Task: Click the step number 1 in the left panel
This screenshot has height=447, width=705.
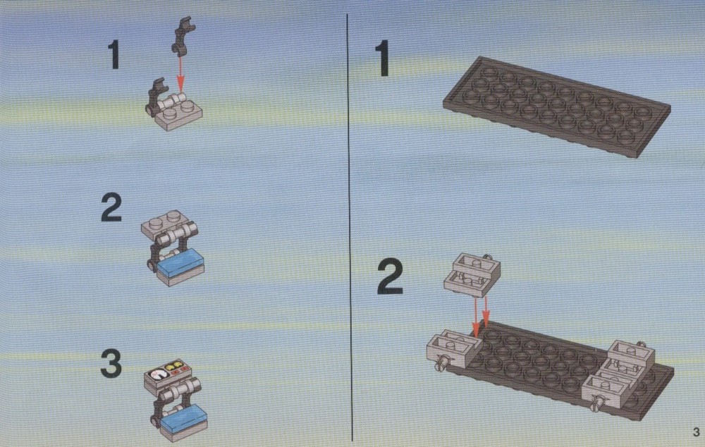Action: (114, 54)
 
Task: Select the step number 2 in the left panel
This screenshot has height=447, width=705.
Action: (111, 207)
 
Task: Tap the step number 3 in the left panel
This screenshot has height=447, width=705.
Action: (111, 364)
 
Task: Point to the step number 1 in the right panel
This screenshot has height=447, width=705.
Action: (383, 58)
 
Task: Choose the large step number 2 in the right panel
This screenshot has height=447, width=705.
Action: (390, 277)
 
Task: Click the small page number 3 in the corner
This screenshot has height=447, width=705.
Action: (697, 431)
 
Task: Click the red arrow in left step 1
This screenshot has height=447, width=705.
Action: (180, 74)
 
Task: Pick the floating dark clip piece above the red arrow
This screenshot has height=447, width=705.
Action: (183, 36)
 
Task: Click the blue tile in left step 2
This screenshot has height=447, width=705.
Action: (180, 260)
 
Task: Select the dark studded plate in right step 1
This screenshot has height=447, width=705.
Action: (557, 106)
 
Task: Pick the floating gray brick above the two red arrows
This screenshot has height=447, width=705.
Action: (472, 275)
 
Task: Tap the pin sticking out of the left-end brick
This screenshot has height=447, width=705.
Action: (441, 363)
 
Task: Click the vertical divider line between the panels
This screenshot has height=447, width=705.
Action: (350, 227)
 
